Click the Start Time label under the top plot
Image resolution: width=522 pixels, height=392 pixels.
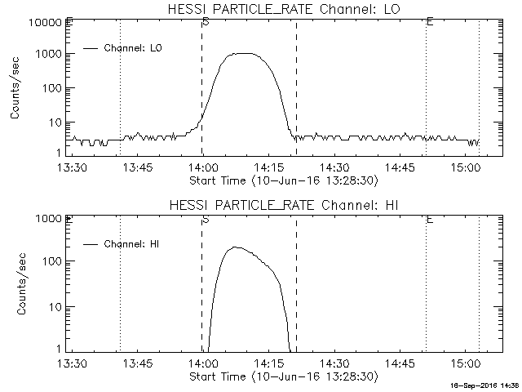(x=282, y=180)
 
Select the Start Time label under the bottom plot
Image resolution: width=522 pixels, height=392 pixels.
(x=282, y=376)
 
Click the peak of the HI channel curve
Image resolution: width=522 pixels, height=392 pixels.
(x=235, y=247)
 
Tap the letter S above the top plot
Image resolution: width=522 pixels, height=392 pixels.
(x=205, y=20)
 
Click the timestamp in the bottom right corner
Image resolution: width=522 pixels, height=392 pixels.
(x=486, y=385)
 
